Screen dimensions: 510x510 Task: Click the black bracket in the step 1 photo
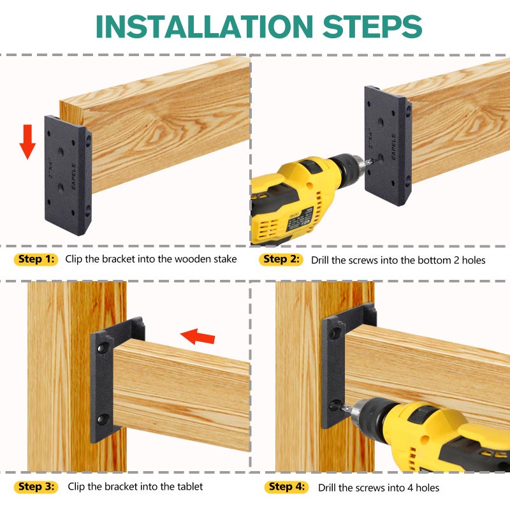tap(68, 175)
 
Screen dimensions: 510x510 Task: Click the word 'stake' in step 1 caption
tap(224, 259)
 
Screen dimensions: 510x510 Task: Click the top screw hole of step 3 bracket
tap(101, 349)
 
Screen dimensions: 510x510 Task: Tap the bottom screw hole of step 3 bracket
tap(101, 419)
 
